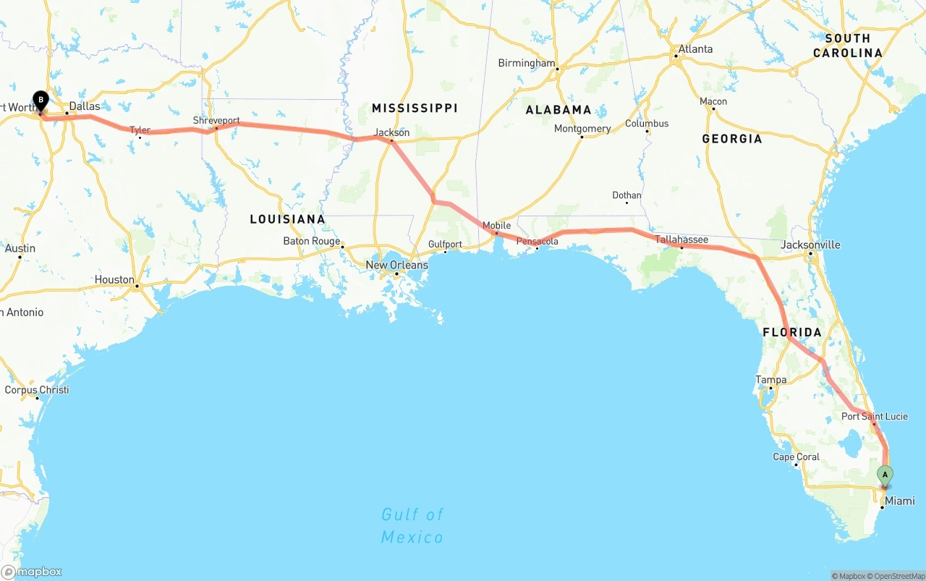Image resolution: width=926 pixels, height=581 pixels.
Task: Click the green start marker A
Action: (884, 475)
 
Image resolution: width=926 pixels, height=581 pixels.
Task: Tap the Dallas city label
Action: (85, 106)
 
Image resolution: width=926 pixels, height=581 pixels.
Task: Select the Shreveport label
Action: (216, 120)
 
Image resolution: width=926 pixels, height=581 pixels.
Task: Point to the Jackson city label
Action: (391, 132)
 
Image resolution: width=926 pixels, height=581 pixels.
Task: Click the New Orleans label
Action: (396, 265)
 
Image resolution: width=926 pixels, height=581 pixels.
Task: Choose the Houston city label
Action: (114, 279)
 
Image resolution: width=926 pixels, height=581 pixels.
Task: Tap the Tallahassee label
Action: (681, 239)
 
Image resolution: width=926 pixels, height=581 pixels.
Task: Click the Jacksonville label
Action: (810, 245)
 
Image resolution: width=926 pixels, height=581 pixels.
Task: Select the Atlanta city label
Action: (694, 49)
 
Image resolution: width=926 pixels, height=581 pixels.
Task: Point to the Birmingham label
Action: (526, 63)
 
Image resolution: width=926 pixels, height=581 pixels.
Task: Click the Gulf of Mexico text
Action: (412, 525)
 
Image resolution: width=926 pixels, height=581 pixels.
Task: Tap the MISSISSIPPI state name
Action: (415, 108)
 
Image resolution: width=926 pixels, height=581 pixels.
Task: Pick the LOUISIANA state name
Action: (287, 219)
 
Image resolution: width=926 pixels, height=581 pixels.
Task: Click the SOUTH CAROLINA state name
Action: (848, 46)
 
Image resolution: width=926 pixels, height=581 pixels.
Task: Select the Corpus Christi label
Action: (37, 389)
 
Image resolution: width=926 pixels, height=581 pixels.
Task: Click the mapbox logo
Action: (32, 572)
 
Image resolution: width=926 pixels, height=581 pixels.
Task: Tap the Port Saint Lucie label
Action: (874, 416)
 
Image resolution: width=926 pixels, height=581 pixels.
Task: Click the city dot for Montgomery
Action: (582, 137)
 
